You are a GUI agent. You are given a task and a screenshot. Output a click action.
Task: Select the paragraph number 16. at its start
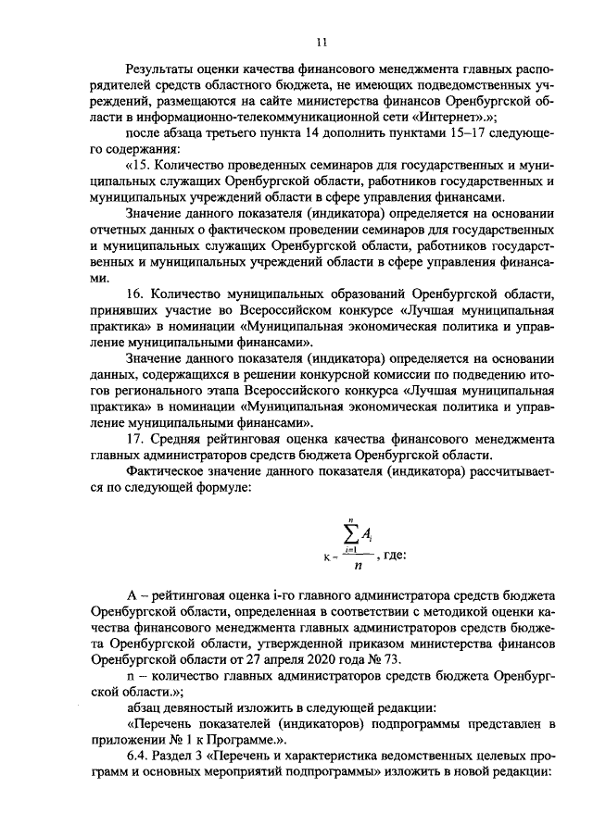click(135, 294)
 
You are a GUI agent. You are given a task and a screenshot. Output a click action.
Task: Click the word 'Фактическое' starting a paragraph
click(170, 470)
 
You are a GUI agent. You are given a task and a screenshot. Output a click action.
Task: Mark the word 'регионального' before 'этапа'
click(151, 391)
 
